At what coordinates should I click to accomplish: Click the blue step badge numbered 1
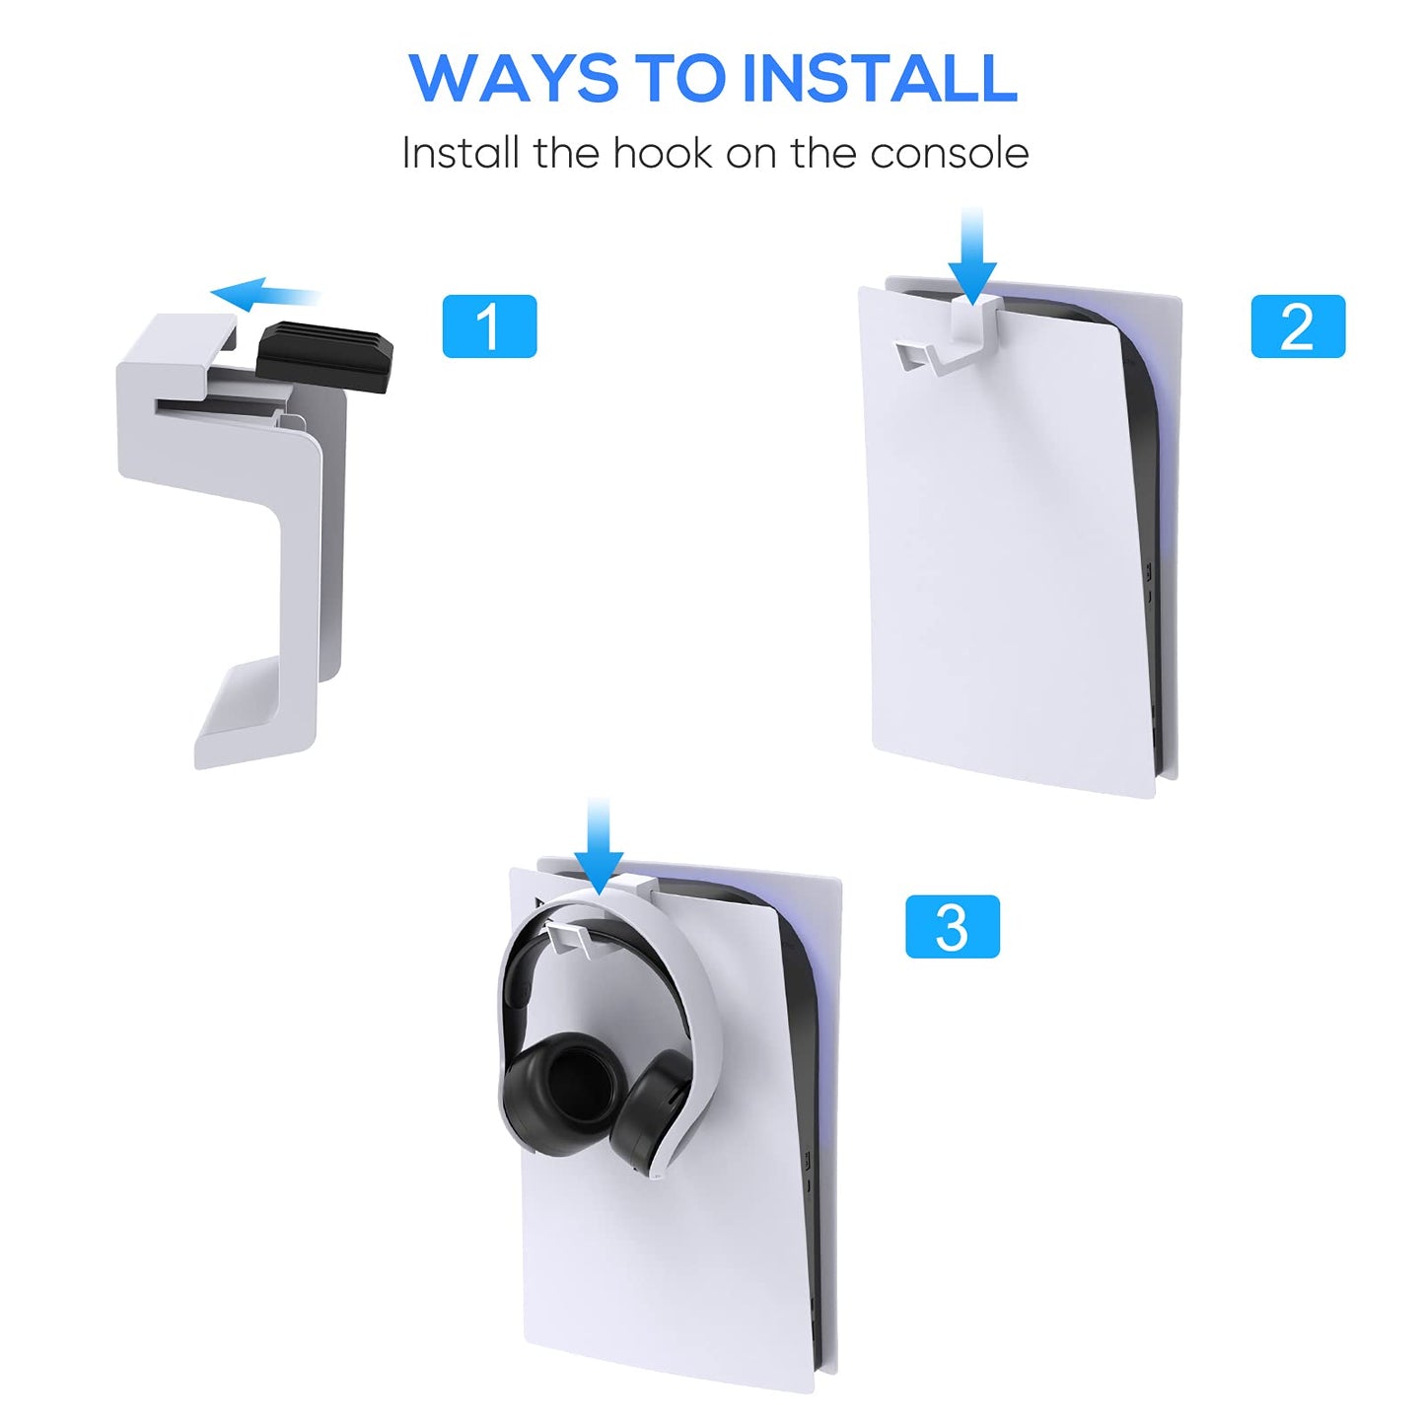click(x=489, y=326)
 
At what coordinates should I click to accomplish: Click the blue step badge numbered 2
click(x=1297, y=326)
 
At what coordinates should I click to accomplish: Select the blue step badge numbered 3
click(x=952, y=927)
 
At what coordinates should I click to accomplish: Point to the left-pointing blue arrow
click(x=264, y=294)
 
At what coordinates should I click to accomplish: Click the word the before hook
click(x=566, y=154)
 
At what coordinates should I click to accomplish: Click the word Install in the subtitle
click(x=460, y=154)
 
